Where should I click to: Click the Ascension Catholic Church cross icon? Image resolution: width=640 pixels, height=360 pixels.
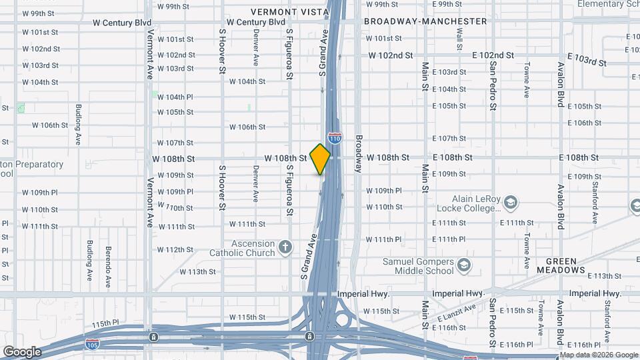285,248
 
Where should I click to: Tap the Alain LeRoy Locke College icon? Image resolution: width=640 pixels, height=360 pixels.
510,202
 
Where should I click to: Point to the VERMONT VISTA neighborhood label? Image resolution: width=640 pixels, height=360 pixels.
289,12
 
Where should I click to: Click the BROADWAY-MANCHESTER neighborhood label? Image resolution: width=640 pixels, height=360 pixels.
425,21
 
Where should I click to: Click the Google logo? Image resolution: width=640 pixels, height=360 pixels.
22,351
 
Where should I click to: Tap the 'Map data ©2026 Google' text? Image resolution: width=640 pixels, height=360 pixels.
600,355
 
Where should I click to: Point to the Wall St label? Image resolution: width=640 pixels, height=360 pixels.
459,40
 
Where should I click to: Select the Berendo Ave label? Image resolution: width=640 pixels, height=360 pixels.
107,267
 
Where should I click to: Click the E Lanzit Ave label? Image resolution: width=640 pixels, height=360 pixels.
457,317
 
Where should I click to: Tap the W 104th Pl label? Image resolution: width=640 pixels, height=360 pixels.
175,97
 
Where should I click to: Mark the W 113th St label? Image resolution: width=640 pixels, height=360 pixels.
203,272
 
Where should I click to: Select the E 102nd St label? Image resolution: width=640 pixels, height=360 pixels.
493,55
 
